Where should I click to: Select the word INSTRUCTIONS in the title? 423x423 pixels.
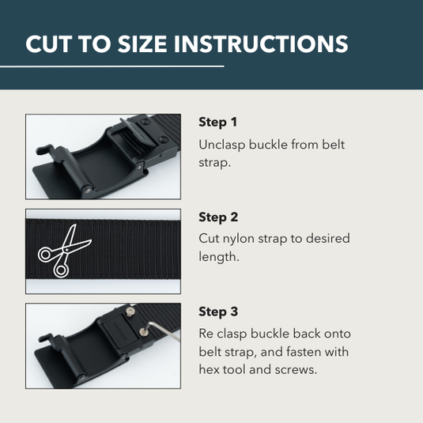coord(265,43)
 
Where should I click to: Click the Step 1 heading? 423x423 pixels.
coord(217,123)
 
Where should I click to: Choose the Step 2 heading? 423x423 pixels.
coord(218,217)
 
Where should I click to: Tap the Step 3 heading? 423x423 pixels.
coord(218,312)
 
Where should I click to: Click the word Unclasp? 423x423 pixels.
coord(224,145)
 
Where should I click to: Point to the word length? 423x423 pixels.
coord(220,257)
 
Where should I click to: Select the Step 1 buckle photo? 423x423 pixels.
coord(103,157)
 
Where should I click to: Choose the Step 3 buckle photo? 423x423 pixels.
coord(103,346)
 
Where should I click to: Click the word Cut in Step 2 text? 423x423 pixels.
coord(210,239)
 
